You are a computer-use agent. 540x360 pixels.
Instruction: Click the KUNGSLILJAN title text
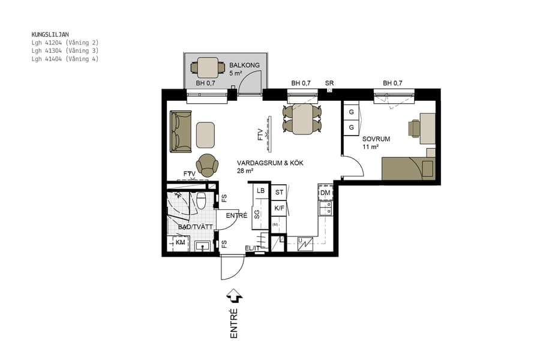(x=50, y=35)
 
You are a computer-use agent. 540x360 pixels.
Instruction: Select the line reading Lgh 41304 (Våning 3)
(x=65, y=51)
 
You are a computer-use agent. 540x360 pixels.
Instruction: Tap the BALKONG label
(x=244, y=65)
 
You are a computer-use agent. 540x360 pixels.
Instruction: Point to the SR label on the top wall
(x=329, y=83)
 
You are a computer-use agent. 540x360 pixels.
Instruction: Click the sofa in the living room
(x=181, y=131)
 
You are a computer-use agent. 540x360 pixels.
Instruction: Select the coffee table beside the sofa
(x=205, y=134)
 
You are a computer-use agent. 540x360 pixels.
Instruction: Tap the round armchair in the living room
(x=208, y=164)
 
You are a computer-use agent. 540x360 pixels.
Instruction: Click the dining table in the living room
(x=302, y=119)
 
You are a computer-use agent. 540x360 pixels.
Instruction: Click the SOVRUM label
(x=376, y=139)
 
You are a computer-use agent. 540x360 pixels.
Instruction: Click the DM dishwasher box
(x=325, y=193)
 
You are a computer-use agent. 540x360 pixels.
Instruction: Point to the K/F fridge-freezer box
(x=279, y=208)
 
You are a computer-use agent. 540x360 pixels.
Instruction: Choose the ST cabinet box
(x=279, y=192)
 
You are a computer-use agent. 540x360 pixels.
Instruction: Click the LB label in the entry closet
(x=261, y=191)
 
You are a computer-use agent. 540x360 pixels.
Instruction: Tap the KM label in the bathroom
(x=180, y=242)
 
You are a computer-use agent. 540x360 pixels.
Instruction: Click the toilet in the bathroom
(x=202, y=200)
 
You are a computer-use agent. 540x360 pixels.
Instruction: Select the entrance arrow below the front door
(x=234, y=296)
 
